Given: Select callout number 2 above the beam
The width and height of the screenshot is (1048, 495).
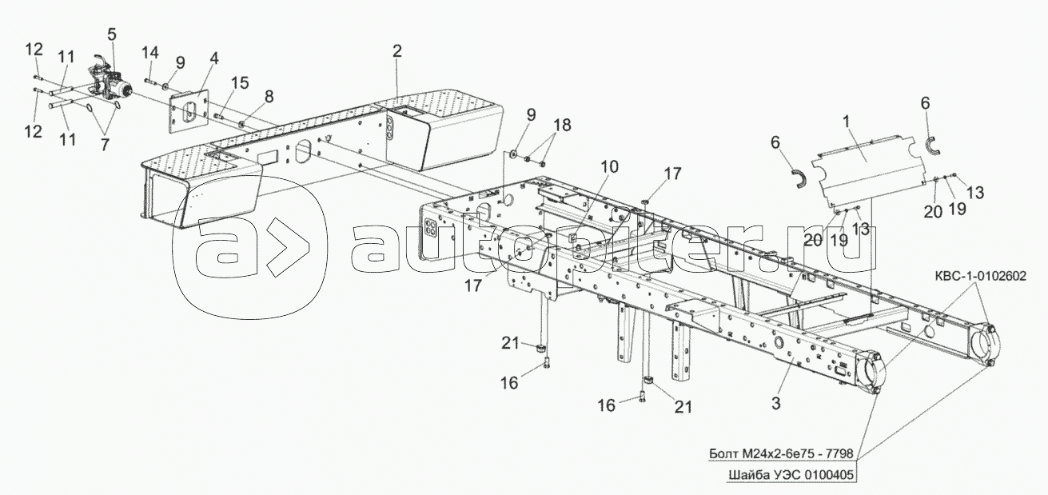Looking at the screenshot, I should point(396,50).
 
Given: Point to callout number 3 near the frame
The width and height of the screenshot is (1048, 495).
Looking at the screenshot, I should point(775,403).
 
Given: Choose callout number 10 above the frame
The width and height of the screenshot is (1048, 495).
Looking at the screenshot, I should point(609,167).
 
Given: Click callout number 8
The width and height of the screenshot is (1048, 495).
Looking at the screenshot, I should point(269,96).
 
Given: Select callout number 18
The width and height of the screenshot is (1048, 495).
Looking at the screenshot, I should point(561,125).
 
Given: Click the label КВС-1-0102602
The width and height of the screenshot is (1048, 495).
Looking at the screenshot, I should point(978,276).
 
